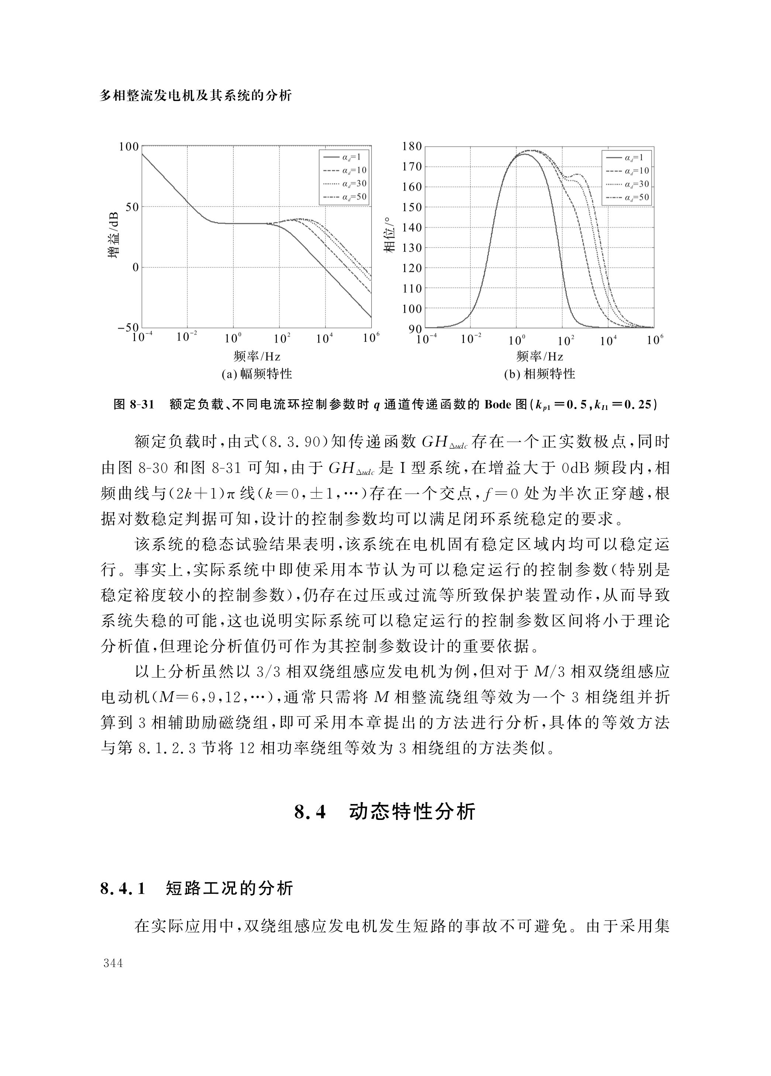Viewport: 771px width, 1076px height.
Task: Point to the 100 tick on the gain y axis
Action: pyautogui.click(x=128, y=146)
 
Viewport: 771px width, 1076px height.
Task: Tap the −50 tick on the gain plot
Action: pyautogui.click(x=128, y=328)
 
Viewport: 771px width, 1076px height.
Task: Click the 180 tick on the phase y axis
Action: pyautogui.click(x=412, y=146)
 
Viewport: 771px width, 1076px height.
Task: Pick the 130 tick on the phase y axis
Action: pyautogui.click(x=412, y=248)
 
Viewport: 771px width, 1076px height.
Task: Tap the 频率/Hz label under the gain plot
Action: pyautogui.click(x=257, y=356)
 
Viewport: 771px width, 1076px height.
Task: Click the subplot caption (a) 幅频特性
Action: pyautogui.click(x=257, y=374)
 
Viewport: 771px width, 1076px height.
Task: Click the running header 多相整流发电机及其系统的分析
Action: pyautogui.click(x=196, y=96)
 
